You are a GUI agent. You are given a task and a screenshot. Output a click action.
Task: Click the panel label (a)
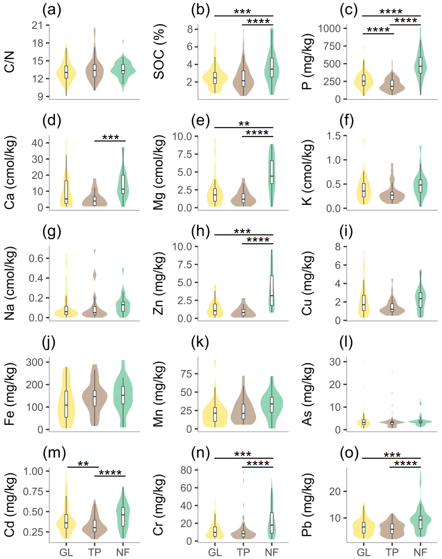coord(52,9)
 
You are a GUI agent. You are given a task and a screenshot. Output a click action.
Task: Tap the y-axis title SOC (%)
coord(159,51)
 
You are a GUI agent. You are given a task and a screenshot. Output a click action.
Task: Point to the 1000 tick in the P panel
coord(329,28)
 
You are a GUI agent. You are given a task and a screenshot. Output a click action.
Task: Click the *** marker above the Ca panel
coord(111,138)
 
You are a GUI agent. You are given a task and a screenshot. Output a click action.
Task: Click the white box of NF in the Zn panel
coord(272,290)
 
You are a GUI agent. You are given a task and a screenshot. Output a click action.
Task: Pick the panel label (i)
coord(346,231)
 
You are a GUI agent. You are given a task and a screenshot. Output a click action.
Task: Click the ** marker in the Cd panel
coord(83,464)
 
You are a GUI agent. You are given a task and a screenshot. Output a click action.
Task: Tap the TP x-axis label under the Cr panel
coord(243,552)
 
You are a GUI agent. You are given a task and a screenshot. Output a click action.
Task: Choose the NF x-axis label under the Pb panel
coord(420,552)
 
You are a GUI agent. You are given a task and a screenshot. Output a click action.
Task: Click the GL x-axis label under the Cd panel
coord(66,552)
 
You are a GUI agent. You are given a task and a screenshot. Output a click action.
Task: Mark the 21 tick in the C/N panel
coord(37,25)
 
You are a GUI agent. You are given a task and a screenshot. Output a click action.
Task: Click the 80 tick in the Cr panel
coord(186,470)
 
